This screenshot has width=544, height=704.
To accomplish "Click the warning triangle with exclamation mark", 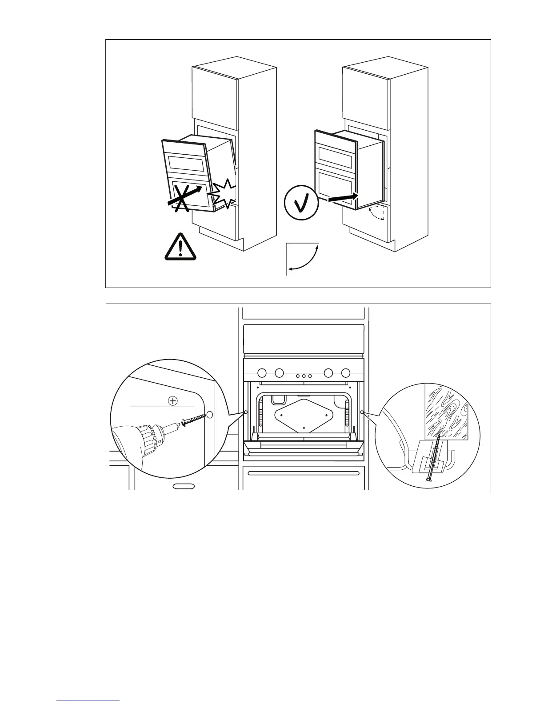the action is (180, 247).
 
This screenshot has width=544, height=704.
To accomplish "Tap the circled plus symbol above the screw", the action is (173, 400).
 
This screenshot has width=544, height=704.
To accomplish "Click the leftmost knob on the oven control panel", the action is (262, 372).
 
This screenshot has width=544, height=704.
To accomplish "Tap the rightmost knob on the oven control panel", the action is (345, 372).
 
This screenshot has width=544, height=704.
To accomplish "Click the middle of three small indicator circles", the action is (304, 376).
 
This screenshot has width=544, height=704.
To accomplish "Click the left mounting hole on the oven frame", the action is (246, 412).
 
